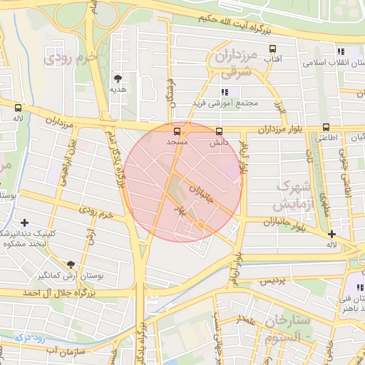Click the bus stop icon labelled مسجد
177,131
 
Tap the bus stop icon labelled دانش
218,131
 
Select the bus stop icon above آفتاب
272,49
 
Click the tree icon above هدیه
118,78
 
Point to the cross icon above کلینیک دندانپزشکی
26,222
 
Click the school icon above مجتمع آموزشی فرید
225,92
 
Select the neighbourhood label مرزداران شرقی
232,62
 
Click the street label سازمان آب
64,351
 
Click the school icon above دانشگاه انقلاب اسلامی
341,51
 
